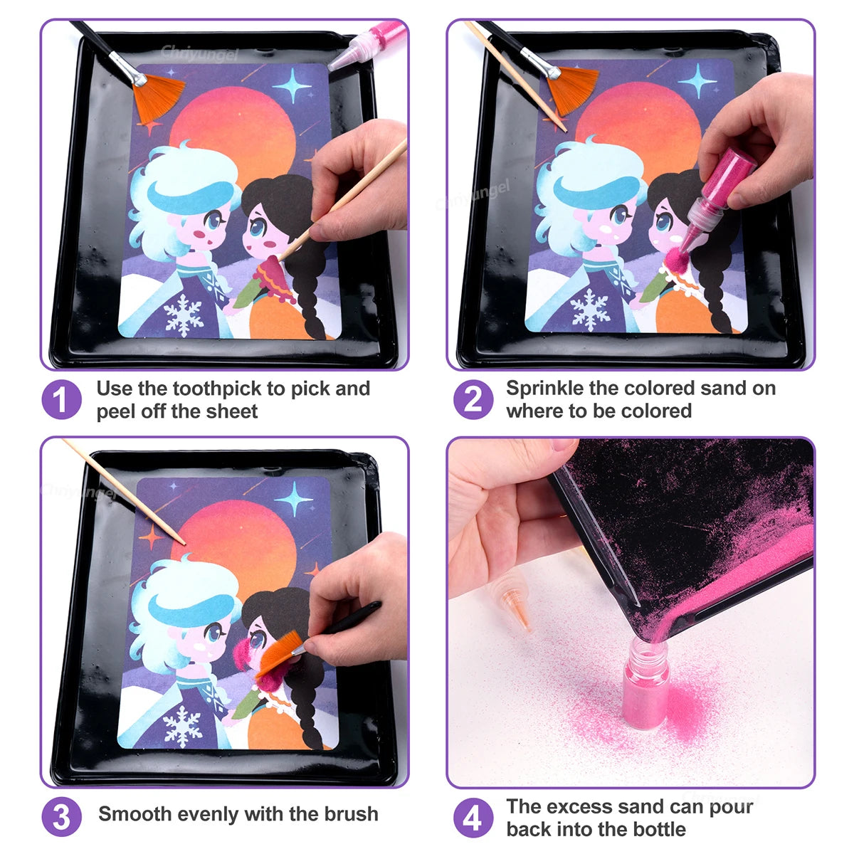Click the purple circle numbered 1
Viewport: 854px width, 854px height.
click(x=61, y=400)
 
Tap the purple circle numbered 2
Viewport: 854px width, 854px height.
click(x=473, y=400)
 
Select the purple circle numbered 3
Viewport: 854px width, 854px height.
click(x=61, y=818)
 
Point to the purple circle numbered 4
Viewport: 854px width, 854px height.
click(x=473, y=818)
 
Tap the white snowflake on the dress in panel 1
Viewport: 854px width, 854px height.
click(x=183, y=314)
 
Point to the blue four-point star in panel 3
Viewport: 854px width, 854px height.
click(x=295, y=498)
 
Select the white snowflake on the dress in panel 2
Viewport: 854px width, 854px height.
click(x=590, y=308)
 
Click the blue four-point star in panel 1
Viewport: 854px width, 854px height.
click(x=292, y=87)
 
